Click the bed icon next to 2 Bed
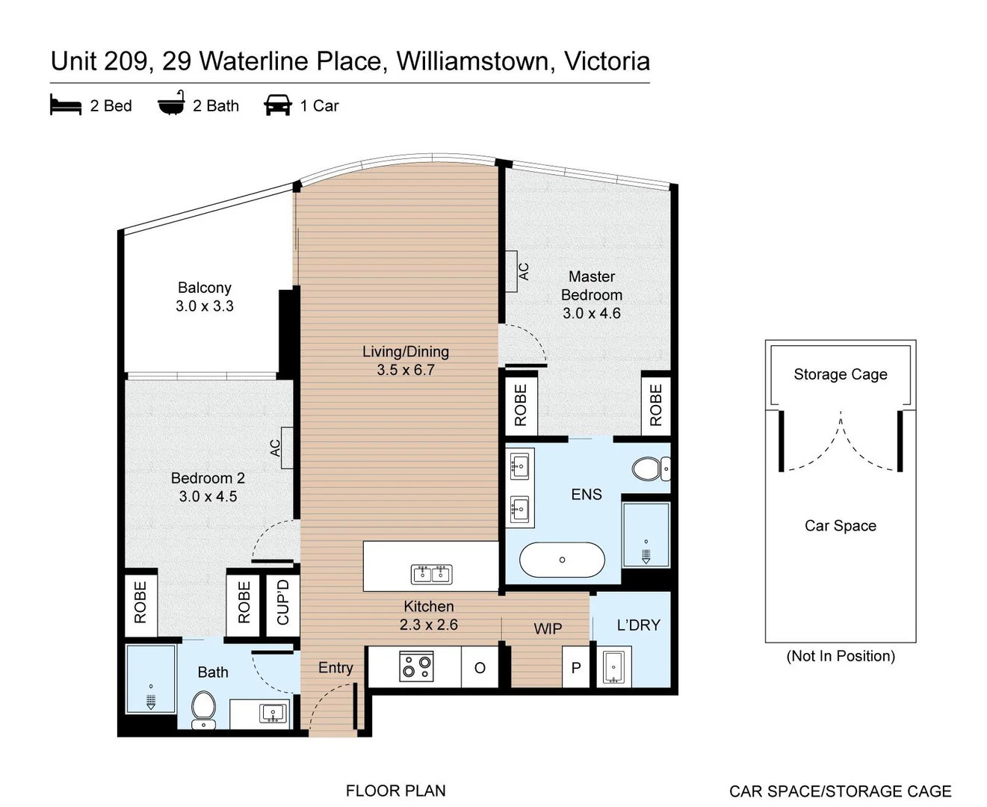click(x=65, y=105)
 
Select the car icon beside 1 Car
click(x=277, y=105)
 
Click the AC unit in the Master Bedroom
click(x=512, y=270)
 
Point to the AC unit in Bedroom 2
click(x=286, y=448)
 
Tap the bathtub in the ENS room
click(x=562, y=560)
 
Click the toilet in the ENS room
click(x=649, y=469)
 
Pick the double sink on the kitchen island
click(x=431, y=574)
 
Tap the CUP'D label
click(x=283, y=602)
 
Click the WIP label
click(x=548, y=629)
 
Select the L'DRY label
click(x=638, y=625)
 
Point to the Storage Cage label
click(x=840, y=374)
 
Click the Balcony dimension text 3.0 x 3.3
click(x=205, y=306)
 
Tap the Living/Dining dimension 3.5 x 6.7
click(x=405, y=370)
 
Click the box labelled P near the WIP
click(x=575, y=667)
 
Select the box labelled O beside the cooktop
click(x=480, y=667)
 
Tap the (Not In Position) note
click(x=840, y=656)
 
